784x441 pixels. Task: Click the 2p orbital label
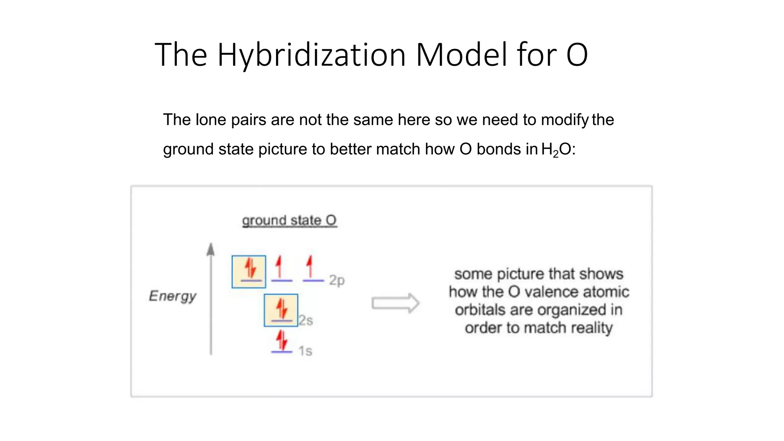[337, 280]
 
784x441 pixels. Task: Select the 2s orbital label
[306, 320]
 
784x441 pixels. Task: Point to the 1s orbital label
[305, 351]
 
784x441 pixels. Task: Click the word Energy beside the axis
[172, 296]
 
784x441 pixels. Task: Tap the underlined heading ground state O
[289, 220]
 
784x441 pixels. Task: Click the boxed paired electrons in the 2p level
[249, 271]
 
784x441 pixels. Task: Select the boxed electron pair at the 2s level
[281, 310]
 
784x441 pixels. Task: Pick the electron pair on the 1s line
[282, 341]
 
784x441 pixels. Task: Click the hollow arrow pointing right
[395, 303]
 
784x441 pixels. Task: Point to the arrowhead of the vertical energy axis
[211, 249]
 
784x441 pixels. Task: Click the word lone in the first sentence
[211, 120]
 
